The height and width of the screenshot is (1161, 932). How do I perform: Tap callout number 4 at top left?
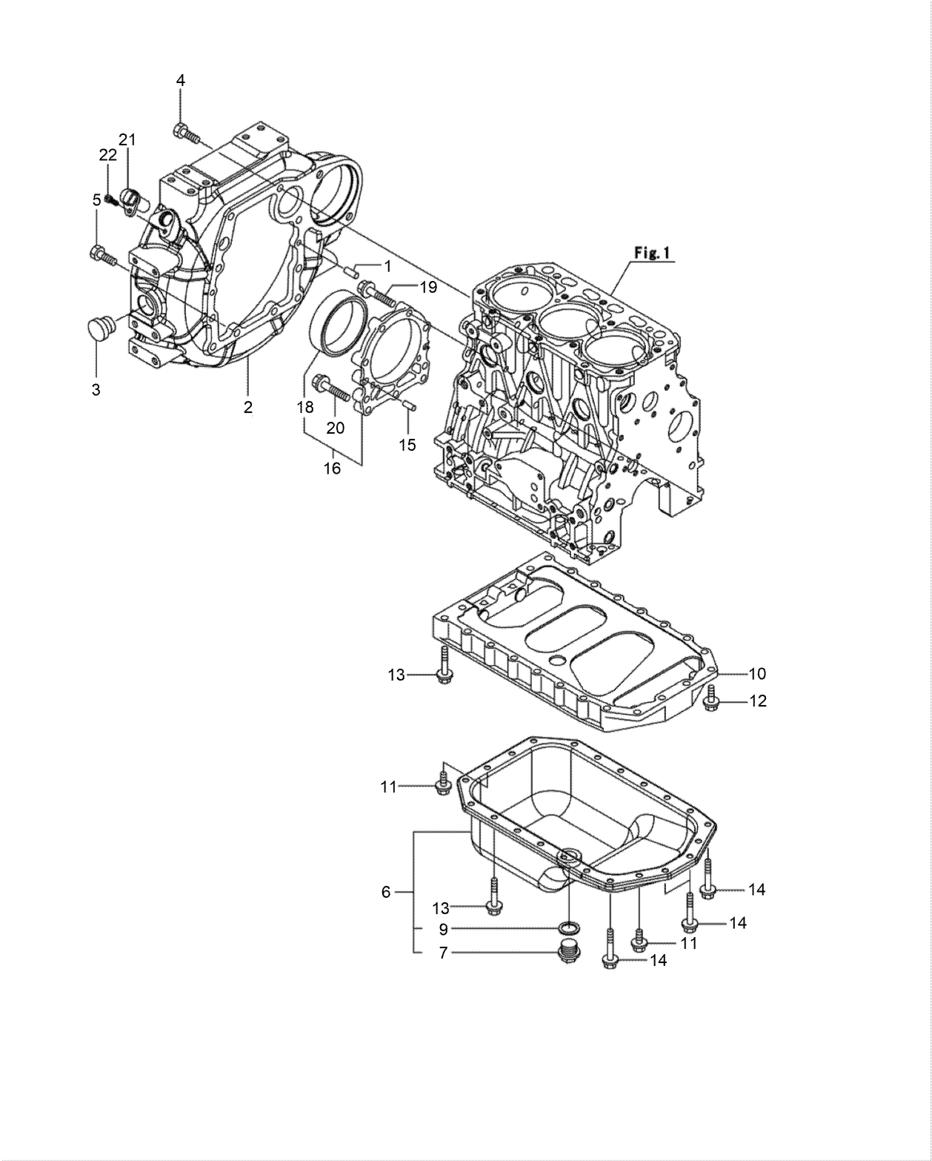coord(180,80)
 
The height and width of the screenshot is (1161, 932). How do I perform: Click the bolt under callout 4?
coord(186,134)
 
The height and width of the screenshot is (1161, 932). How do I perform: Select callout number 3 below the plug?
coord(96,389)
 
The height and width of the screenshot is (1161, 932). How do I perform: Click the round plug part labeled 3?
coord(98,327)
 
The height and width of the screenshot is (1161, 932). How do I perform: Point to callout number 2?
coord(248,406)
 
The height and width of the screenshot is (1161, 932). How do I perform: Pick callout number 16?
coord(332,469)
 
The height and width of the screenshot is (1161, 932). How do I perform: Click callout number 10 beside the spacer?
coord(757,674)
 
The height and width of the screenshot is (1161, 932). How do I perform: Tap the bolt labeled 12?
coord(712,697)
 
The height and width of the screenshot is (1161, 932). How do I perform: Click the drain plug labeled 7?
coord(569,951)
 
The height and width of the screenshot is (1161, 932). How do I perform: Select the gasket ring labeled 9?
coord(569,928)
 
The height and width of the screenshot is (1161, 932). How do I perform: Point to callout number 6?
coord(385,892)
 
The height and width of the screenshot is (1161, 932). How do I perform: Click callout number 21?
coord(127,139)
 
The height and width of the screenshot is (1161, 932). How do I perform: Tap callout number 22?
coord(108,154)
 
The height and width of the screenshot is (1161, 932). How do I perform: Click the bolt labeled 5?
coord(103,257)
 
